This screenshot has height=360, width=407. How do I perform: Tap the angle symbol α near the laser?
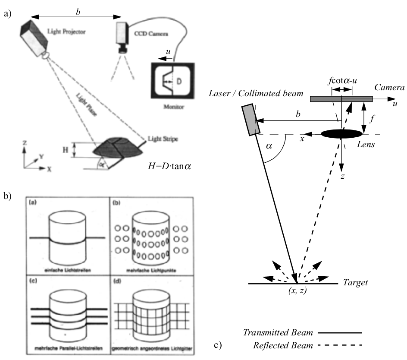[269, 147]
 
